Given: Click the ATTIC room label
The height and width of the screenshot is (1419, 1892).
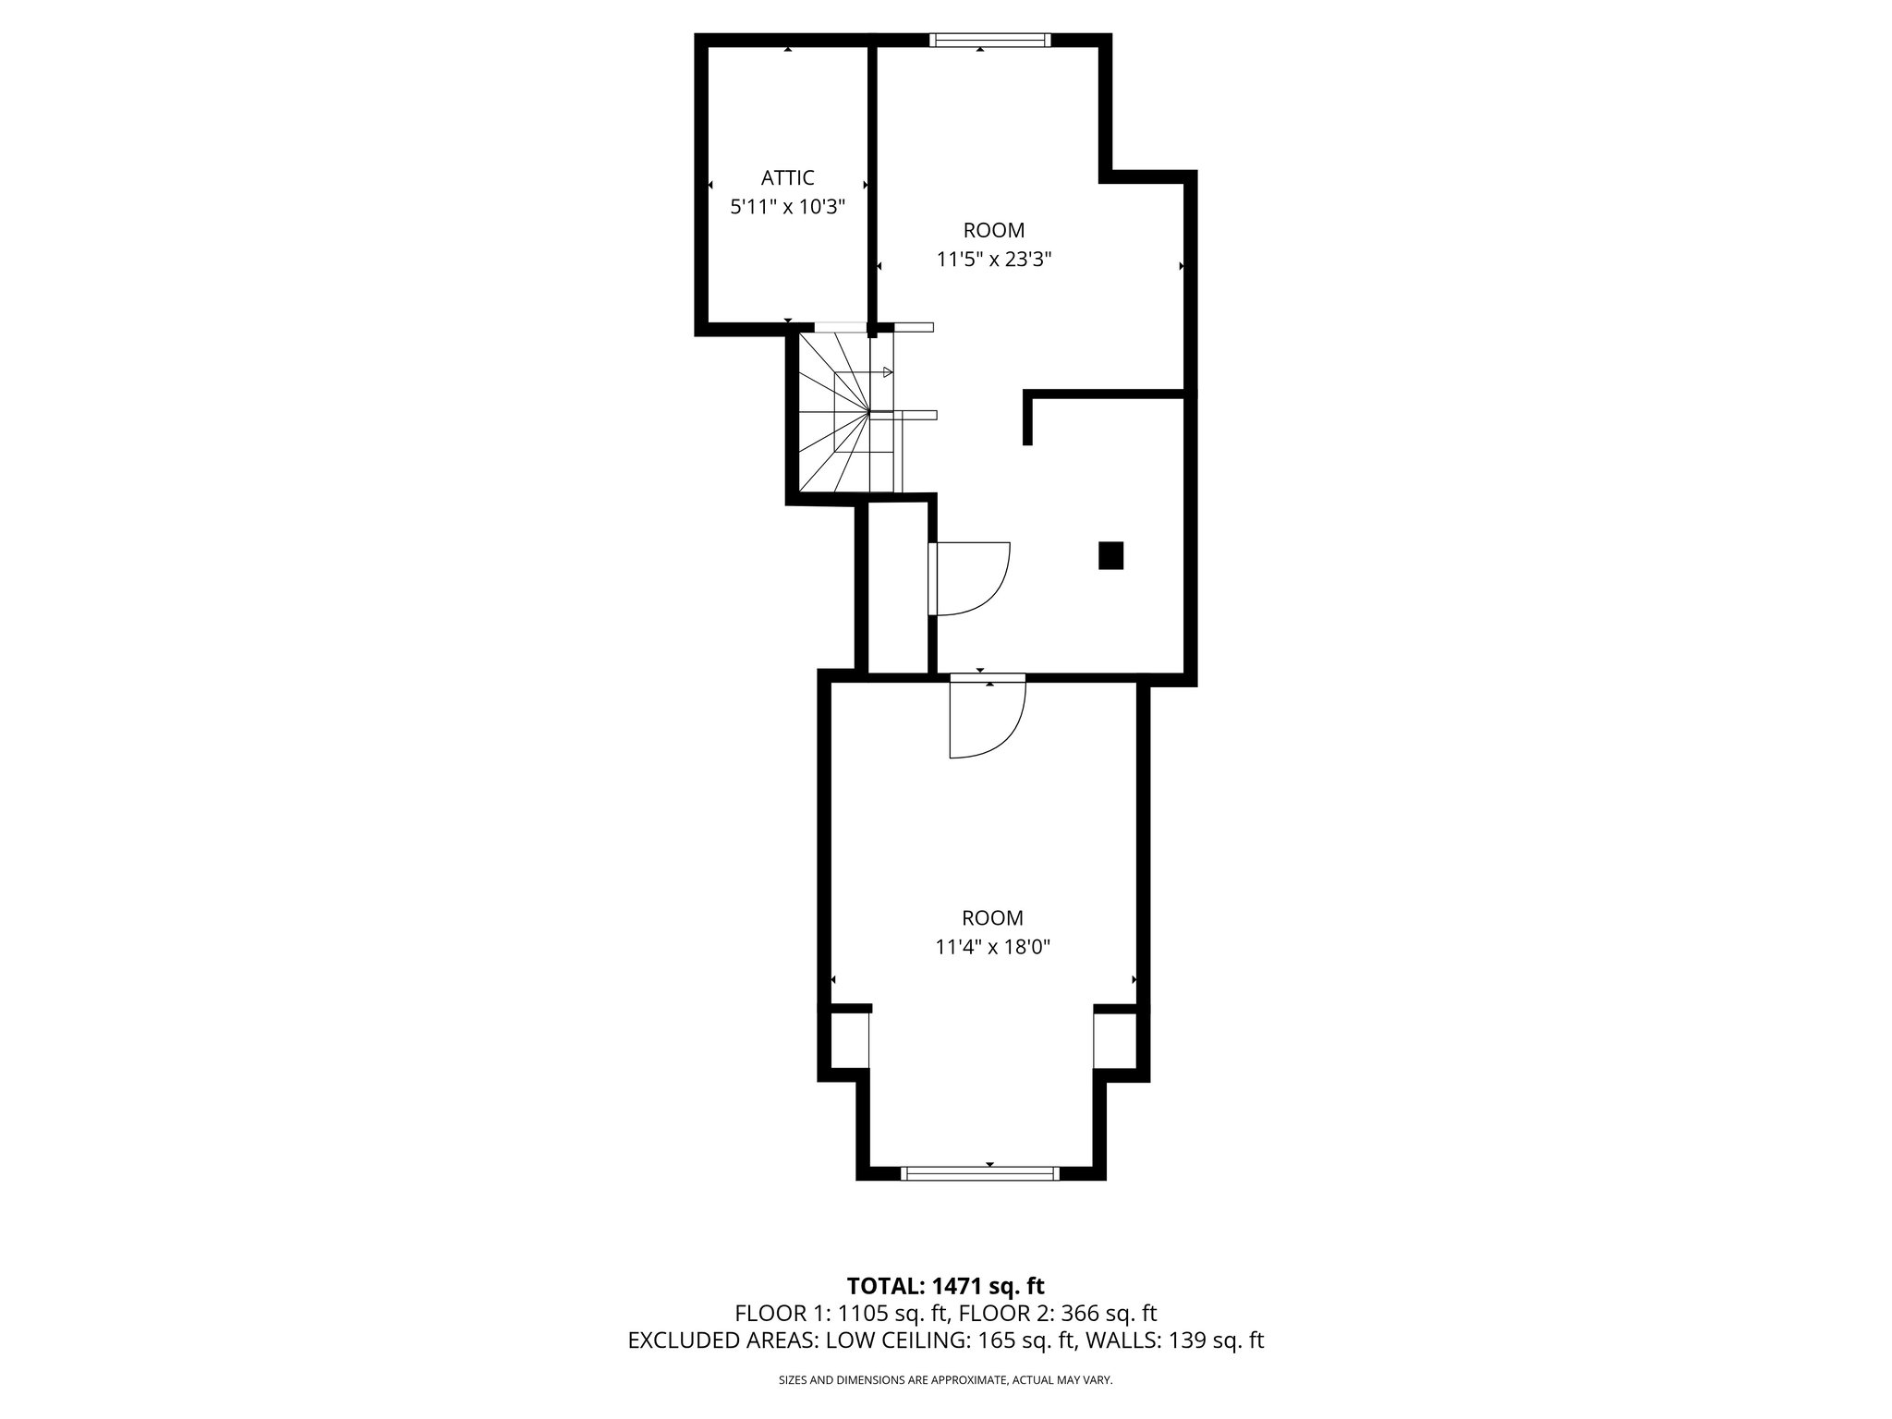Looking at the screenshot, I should pos(787,177).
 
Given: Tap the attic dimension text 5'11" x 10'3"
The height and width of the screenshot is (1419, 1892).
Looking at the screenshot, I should pos(787,207).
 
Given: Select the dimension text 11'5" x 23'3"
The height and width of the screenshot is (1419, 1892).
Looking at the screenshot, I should pos(994,260).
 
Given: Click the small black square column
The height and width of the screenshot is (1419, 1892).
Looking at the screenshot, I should pos(1110,556).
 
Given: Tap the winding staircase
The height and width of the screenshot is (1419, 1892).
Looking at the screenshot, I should pos(841,414).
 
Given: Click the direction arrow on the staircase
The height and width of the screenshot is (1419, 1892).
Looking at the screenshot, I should pos(888,372).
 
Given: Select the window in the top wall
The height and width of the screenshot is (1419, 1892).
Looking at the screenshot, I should pos(989,39).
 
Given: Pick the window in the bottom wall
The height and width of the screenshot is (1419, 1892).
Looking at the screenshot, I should pos(980,1173).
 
